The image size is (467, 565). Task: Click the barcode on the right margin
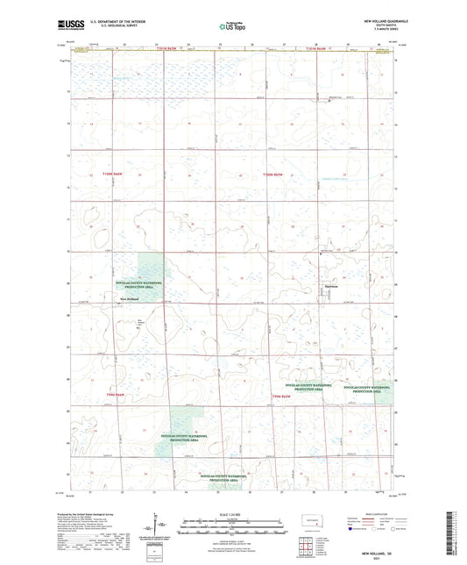(460, 535)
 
